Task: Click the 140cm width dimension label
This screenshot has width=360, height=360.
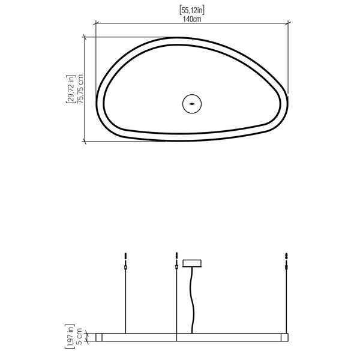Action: (192, 19)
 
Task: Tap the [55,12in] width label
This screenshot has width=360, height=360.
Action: (192, 10)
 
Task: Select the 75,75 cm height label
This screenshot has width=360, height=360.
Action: (80, 89)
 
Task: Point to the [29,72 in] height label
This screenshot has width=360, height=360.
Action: (71, 89)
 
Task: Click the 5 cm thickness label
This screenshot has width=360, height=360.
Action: (79, 337)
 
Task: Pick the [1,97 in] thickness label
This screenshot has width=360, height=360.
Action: (70, 337)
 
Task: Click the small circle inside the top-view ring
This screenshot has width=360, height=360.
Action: (192, 104)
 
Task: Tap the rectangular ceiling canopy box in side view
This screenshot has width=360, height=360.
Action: (192, 263)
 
